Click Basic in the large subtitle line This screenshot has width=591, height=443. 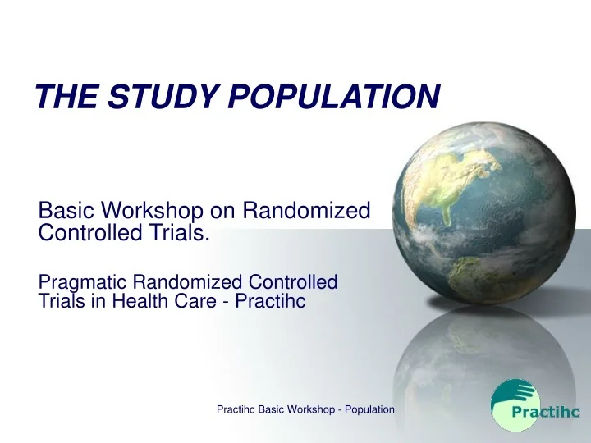tap(66, 212)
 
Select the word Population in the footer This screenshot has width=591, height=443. tap(366, 409)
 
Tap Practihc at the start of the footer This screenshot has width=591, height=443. tap(234, 409)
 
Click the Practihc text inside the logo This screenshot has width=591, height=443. tap(538, 413)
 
